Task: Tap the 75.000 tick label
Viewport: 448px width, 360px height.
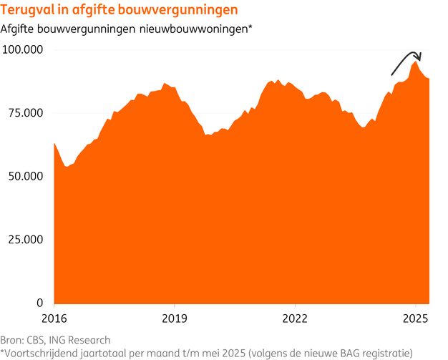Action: [x=25, y=113]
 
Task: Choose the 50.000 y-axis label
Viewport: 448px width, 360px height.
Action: [x=25, y=176]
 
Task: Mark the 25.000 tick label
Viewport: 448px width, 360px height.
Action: [x=25, y=239]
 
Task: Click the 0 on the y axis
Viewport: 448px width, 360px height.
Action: [x=41, y=302]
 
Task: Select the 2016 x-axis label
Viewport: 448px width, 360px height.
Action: [x=55, y=317]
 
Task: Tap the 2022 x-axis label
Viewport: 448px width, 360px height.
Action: [x=296, y=317]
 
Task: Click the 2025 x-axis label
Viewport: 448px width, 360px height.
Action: [x=416, y=317]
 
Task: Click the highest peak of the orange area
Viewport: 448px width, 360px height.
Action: [x=416, y=62]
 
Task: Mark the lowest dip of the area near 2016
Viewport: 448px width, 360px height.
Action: [x=67, y=167]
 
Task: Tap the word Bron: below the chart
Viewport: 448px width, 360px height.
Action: [x=12, y=339]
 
